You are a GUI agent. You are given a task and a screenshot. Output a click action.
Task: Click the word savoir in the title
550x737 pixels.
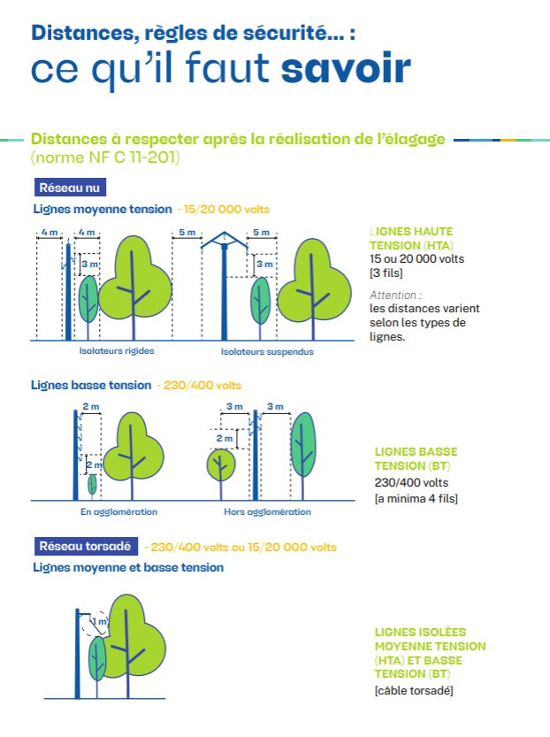[x=346, y=69]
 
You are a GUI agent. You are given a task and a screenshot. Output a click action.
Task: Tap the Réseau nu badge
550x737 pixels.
[x=70, y=188]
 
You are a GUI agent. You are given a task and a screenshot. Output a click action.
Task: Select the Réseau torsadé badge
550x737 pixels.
[x=86, y=546]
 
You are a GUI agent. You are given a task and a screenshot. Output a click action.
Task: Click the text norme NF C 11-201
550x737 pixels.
[x=105, y=157]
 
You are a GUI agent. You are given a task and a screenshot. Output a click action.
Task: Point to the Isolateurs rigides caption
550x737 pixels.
[x=117, y=350]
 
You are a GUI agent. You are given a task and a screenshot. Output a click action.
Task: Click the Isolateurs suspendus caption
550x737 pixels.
[x=267, y=351]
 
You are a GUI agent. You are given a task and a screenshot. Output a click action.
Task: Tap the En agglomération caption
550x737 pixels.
[x=118, y=512]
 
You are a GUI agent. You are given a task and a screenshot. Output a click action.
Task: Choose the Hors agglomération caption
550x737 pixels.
[x=267, y=512]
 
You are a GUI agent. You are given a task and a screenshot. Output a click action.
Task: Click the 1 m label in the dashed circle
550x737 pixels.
[x=100, y=621]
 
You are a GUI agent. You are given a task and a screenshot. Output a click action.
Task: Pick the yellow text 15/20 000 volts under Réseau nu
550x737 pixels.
[x=226, y=209]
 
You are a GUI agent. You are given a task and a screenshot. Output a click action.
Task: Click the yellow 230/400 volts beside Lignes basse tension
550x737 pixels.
[x=202, y=386]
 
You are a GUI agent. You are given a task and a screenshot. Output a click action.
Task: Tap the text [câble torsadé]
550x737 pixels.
[x=414, y=690]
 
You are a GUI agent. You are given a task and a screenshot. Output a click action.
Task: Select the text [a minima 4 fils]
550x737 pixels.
[x=416, y=498]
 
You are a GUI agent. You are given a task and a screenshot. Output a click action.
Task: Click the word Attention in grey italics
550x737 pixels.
[x=393, y=296]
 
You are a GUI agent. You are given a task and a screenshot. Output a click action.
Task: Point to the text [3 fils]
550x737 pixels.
[x=386, y=273]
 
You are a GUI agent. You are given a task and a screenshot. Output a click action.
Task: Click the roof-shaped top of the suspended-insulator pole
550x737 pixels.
[x=224, y=240]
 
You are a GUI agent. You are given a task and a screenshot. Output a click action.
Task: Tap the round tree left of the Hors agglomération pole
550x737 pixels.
[x=221, y=464]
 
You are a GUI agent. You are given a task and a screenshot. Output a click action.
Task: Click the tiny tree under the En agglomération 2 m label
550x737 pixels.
[x=93, y=485]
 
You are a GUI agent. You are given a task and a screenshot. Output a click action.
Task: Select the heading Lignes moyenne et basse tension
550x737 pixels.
[x=128, y=568]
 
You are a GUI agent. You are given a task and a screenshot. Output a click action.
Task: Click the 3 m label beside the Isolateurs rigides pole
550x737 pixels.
[x=89, y=265]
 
